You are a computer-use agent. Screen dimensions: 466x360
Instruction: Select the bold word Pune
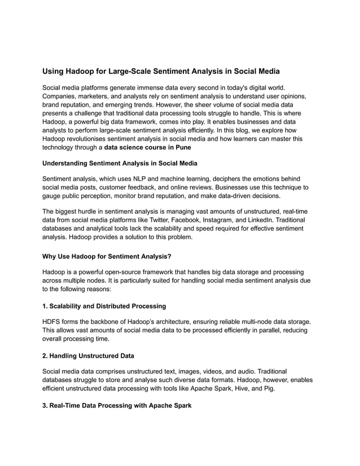[x=181, y=147]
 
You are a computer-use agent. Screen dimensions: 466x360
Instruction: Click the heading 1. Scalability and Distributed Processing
[x=104, y=306]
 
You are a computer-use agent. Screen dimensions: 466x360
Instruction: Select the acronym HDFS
[x=52, y=322]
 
